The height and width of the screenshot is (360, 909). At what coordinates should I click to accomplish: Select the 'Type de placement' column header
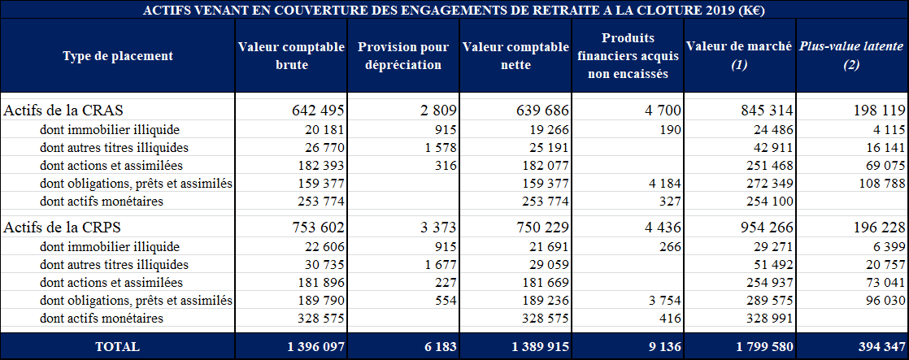pos(118,56)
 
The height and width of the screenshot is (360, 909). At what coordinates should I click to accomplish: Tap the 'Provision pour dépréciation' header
pos(402,56)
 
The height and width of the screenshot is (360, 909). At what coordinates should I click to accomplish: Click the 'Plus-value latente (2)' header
pos(850,56)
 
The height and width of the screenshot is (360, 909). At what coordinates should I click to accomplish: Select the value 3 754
pos(662,301)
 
